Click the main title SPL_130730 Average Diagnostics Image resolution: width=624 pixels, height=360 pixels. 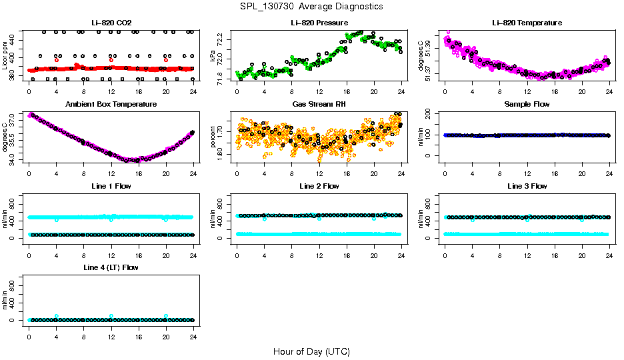tap(312, 6)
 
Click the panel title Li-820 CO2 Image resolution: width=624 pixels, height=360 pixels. tap(111, 23)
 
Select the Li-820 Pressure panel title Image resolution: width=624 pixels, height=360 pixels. tap(319, 23)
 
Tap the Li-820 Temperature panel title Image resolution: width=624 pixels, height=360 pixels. tap(527, 23)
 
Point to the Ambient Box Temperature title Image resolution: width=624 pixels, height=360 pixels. tap(111, 105)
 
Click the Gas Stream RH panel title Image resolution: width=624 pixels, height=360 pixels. tap(319, 105)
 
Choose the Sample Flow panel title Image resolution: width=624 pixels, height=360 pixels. tap(527, 105)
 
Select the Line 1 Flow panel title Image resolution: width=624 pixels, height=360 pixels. tap(111, 186)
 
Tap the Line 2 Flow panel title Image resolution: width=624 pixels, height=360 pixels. tap(319, 186)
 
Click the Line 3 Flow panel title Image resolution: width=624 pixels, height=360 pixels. tap(527, 186)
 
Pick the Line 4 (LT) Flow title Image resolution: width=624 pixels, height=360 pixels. tap(111, 267)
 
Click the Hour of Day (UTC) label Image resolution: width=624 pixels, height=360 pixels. tap(311, 351)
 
